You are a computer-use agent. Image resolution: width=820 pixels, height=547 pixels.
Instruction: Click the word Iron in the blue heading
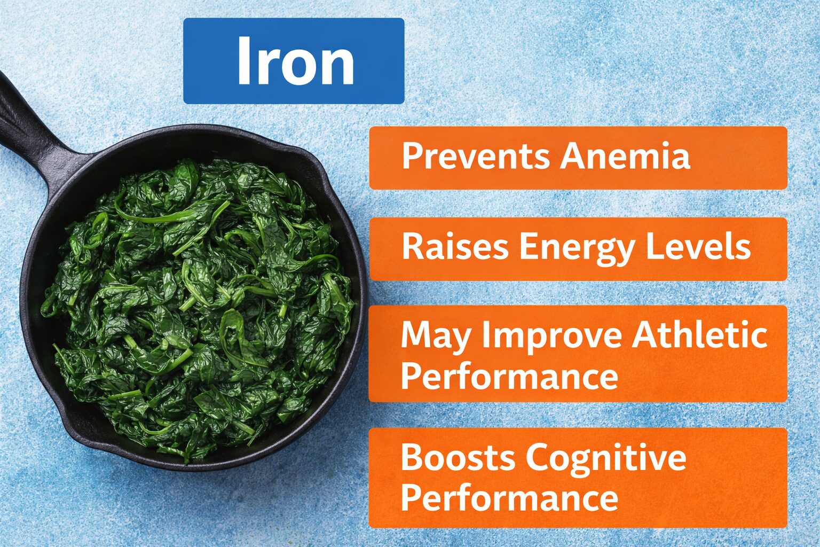tap(295, 61)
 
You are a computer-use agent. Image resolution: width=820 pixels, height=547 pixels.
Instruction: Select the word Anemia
tap(625, 157)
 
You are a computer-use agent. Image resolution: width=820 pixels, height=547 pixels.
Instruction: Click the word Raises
tap(455, 247)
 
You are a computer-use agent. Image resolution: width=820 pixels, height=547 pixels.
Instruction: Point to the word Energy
tap(577, 248)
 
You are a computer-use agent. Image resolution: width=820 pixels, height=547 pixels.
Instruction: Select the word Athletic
tap(699, 335)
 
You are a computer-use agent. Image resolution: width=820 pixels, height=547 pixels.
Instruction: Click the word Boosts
tap(458, 458)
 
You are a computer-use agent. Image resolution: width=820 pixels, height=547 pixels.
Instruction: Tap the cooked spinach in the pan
tap(198, 304)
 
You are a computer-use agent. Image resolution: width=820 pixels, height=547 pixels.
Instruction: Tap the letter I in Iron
tap(243, 61)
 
